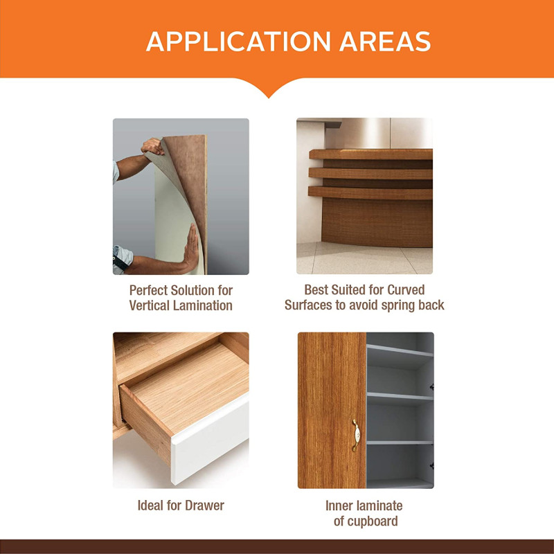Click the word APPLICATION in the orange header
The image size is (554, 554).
238,42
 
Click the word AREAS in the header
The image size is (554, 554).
385,42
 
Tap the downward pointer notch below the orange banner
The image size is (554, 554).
269,90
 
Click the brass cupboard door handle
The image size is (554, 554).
356,436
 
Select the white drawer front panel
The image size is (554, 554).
211,440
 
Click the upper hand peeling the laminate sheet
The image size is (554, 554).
152,146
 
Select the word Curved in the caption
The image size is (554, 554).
406,289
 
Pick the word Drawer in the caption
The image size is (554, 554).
204,506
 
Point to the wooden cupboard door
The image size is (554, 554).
332,410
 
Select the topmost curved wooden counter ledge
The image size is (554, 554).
371,154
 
